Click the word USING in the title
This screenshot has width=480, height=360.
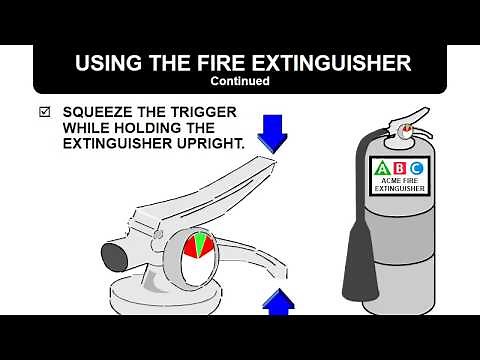[106, 63]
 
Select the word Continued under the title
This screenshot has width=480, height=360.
[240, 82]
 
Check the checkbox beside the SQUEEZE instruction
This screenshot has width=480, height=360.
[43, 112]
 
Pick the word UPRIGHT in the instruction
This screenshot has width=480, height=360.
[207, 144]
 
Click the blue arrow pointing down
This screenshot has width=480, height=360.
[272, 131]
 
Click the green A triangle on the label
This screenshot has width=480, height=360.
[381, 166]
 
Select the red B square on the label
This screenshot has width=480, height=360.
[399, 166]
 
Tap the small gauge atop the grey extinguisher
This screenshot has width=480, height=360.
[405, 130]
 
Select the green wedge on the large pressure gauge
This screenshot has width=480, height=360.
[201, 243]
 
